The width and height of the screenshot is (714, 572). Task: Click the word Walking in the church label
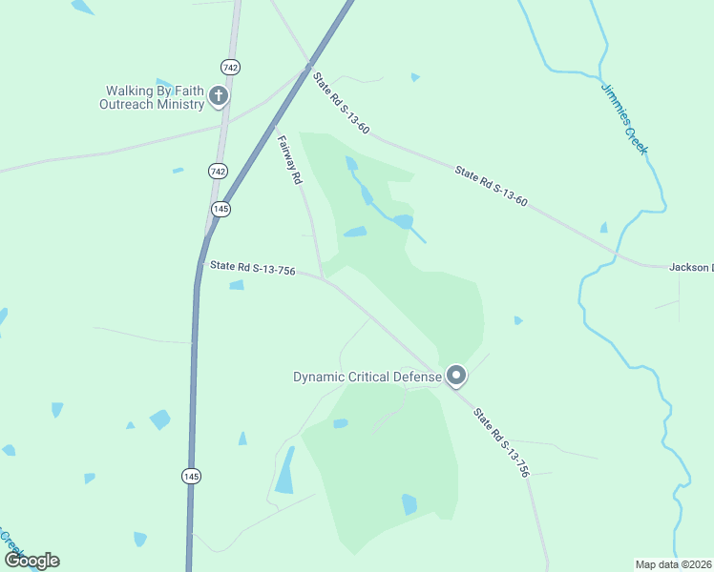(130, 92)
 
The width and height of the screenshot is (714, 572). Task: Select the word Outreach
(125, 104)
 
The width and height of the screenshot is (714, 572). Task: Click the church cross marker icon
(219, 95)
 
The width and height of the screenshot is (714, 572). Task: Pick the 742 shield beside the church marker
(230, 67)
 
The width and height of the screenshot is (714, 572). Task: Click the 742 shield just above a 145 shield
(218, 171)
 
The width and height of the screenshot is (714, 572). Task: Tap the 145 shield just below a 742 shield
(220, 209)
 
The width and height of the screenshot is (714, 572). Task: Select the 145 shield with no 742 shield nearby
(192, 475)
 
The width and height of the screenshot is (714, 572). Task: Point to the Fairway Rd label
(289, 159)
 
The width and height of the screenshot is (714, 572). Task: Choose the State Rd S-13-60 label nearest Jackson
(491, 186)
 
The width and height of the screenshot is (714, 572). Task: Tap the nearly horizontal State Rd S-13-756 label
(252, 269)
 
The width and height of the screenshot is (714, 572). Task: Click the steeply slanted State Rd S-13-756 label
(501, 443)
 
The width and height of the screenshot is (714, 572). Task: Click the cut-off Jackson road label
(691, 267)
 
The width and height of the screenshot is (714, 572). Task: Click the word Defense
(417, 377)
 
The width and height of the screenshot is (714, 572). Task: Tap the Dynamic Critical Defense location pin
(456, 376)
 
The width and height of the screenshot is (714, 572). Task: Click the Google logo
(31, 561)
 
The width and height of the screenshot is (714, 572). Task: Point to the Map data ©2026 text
(674, 564)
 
